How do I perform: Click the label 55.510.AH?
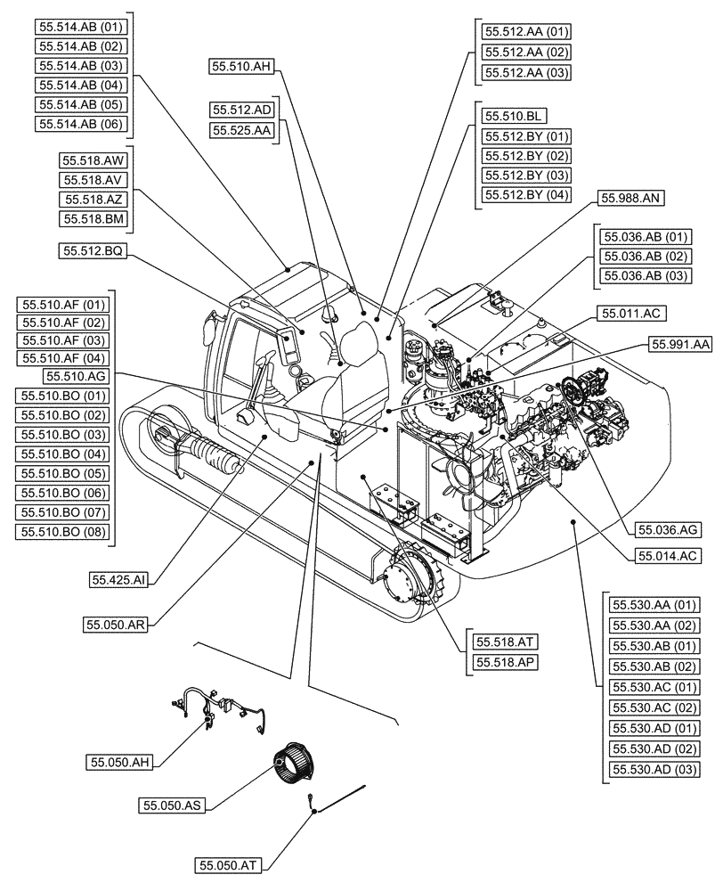242,66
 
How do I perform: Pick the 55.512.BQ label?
93,252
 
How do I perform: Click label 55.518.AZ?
93,200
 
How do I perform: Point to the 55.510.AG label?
76,377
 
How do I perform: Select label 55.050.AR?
116,625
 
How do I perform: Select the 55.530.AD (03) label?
654,769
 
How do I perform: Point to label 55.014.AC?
668,555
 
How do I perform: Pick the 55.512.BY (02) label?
525,155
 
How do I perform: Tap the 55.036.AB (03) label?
646,275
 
